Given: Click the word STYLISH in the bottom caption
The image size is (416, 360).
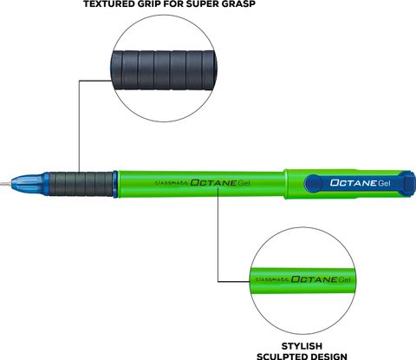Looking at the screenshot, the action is point(302,346).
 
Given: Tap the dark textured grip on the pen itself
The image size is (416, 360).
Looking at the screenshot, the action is point(81,184).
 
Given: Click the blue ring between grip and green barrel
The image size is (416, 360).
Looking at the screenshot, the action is point(115,184).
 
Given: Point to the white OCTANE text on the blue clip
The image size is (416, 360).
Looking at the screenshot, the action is point(354,183).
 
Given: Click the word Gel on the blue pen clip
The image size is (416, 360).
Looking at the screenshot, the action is point(384,183).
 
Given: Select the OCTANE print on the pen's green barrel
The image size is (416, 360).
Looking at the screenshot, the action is point(213,183).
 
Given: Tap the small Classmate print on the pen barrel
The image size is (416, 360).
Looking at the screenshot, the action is point(172,183).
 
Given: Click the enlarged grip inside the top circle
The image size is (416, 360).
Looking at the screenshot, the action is point(164,70).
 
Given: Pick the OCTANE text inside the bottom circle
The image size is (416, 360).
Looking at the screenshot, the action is point(314,279).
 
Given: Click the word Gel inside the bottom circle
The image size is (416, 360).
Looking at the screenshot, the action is point(344,279).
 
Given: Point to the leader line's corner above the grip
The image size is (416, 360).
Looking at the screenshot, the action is point(80,81).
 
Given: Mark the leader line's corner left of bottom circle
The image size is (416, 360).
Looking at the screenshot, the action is point(218,281).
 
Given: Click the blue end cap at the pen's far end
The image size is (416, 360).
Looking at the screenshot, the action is point(409,184).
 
